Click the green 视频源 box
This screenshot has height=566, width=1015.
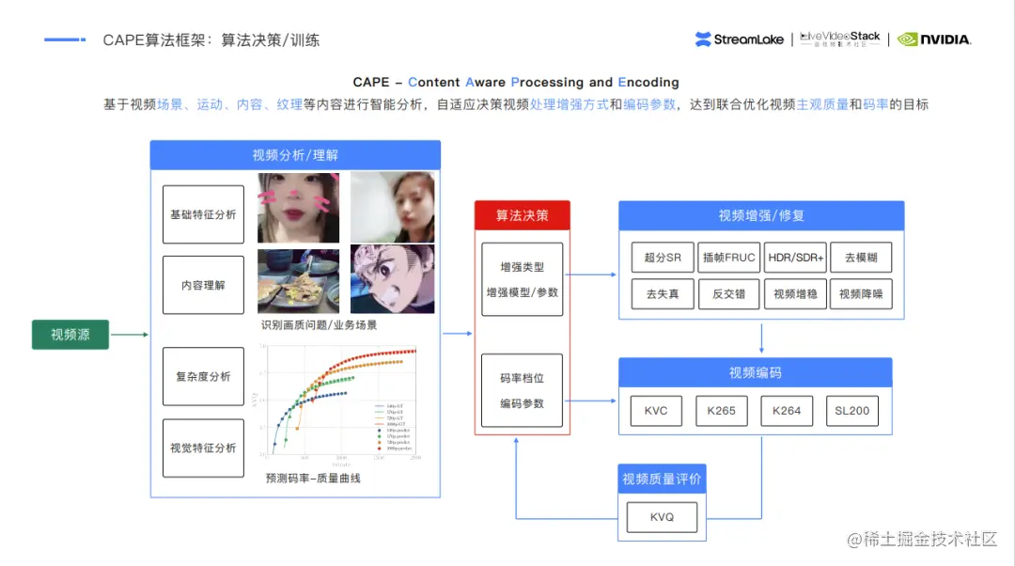[70, 334]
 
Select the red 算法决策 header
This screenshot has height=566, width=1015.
[522, 215]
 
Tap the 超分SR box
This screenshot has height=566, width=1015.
[663, 258]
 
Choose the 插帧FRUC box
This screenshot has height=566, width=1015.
[728, 258]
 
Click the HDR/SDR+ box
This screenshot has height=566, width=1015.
[794, 258]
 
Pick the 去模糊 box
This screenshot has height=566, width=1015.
[861, 258]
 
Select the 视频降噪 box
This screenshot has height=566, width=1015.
[861, 293]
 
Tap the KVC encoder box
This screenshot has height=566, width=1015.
[656, 411]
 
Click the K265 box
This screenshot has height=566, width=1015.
[722, 411]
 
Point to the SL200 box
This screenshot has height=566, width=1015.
[852, 411]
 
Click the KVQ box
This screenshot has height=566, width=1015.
[662, 517]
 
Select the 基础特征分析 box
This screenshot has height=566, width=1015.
[203, 214]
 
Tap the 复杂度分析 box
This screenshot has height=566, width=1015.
[203, 376]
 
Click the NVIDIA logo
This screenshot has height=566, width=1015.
[934, 39]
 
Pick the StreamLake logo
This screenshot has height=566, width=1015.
[740, 39]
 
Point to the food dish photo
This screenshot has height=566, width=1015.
[298, 280]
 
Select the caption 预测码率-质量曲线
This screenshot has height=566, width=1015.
[313, 478]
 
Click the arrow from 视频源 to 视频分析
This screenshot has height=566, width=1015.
[130, 334]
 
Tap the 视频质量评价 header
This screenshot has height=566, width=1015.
[662, 480]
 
